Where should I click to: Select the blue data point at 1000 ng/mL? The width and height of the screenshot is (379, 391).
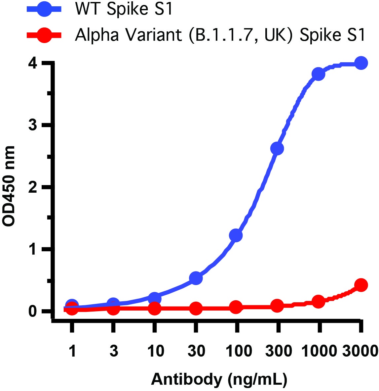319,74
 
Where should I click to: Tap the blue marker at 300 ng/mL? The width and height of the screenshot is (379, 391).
277,149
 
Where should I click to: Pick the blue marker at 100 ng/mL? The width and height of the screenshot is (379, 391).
236,235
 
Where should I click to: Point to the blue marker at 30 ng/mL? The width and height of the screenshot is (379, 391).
196,278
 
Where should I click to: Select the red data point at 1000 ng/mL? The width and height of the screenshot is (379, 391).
319,302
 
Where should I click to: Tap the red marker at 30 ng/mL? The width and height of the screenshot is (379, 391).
196,309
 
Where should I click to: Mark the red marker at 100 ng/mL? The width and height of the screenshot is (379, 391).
236,307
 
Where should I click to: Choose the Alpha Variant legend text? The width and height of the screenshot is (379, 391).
220,35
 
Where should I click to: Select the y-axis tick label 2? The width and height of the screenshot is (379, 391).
33,187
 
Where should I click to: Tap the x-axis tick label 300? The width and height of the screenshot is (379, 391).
278,351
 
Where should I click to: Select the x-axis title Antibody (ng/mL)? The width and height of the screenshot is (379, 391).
219,379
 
